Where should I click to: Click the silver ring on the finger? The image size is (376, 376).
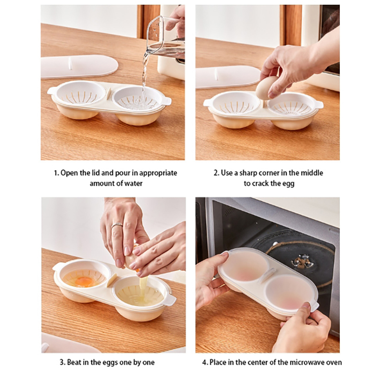(x=117, y=226)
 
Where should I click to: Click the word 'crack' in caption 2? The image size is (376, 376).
(x=264, y=184)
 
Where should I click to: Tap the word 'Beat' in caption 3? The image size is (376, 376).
(x=74, y=362)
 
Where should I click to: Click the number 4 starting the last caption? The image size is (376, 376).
(x=205, y=362)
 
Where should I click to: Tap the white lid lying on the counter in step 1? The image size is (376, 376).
(x=79, y=67)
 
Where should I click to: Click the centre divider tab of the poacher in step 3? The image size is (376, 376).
(x=112, y=280)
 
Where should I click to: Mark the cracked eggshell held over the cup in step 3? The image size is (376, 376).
(x=133, y=261)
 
